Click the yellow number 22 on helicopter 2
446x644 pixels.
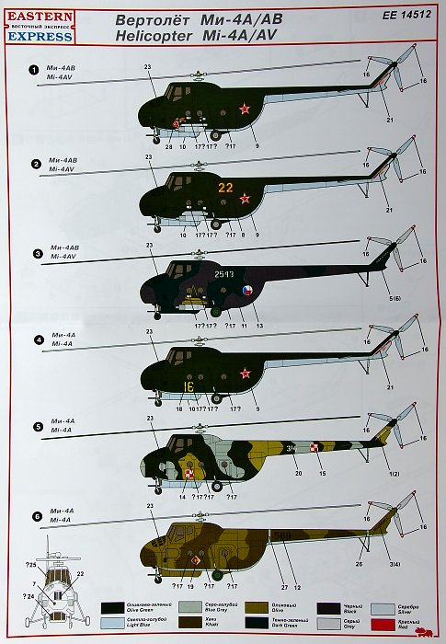coord(225,187)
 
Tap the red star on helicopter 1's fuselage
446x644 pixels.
coord(245,111)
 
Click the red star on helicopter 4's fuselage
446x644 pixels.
coord(245,373)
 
